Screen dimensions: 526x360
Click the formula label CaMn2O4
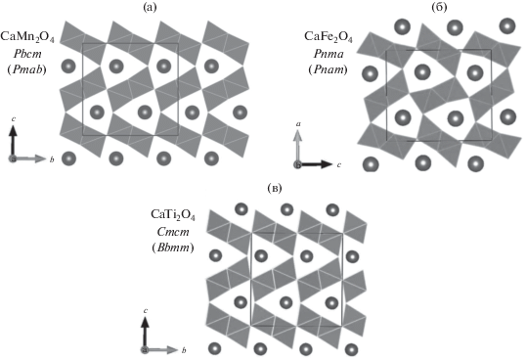27,37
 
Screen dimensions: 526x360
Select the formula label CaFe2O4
329,37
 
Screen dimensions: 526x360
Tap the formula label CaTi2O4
173,214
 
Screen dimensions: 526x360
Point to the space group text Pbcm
27,54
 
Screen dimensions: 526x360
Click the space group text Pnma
328,54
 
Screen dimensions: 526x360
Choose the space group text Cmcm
173,232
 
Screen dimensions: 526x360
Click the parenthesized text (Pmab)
26,69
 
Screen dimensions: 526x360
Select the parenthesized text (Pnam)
328,69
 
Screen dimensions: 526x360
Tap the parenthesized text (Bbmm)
173,247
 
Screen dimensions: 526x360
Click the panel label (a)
150,7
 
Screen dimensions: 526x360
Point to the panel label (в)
275,188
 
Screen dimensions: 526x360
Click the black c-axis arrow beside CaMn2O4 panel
13,141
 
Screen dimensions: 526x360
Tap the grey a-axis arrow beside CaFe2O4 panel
297,147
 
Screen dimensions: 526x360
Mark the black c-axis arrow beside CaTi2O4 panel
145,334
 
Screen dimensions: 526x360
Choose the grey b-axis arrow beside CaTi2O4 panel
161,350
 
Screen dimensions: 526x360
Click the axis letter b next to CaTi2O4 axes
184,350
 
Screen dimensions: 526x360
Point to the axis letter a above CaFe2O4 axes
297,124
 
